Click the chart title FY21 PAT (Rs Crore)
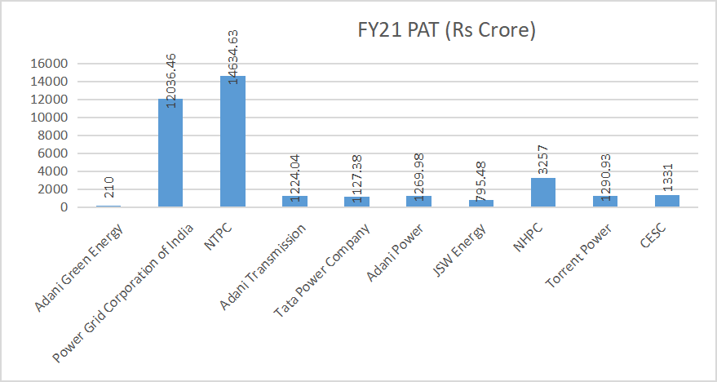tap(446, 32)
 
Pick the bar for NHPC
tap(543, 193)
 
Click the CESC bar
tap(667, 201)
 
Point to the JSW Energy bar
tap(481, 203)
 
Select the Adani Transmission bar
tap(294, 202)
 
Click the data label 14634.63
tap(233, 53)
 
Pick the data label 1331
tap(668, 175)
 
